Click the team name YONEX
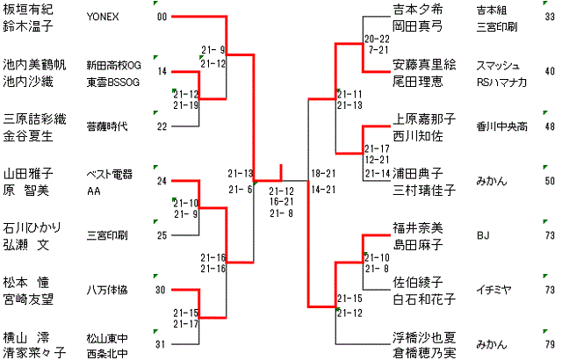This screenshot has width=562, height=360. tap(104, 17)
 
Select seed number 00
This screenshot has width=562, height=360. tap(161, 17)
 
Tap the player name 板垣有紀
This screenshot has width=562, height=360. tap(28, 10)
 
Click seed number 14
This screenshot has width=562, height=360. tap(162, 71)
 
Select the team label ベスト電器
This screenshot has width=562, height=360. tap(108, 175)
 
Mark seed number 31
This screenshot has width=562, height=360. tap(161, 343)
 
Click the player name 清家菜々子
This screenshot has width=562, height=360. tap(34, 353)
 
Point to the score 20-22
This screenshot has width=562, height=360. tap(378, 40)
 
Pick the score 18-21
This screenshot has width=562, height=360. tap(323, 174)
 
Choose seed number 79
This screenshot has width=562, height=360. tap(549, 343)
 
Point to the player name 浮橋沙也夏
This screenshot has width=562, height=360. tap(423, 336)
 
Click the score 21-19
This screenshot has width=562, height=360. tap(186, 104)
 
